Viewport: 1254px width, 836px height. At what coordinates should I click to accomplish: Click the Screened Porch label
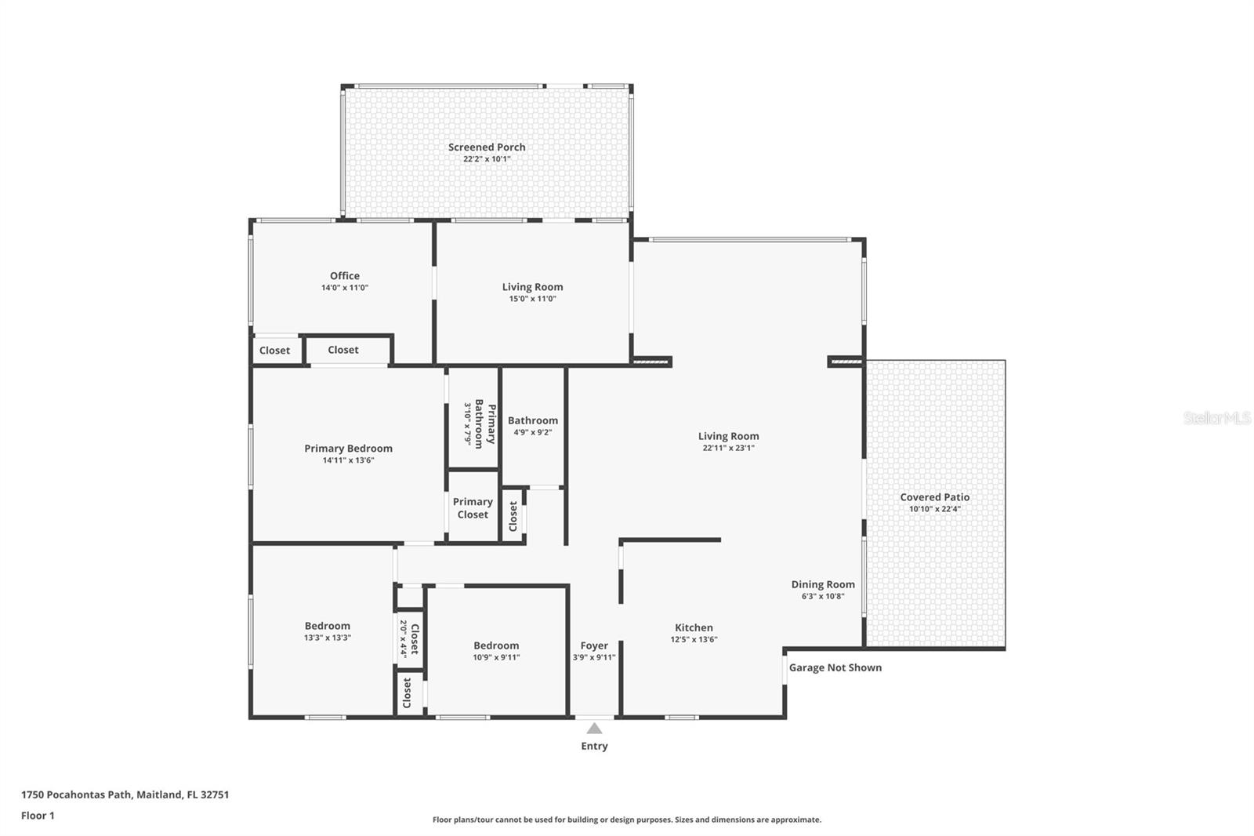(487, 147)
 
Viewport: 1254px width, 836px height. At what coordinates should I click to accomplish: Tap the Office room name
(345, 276)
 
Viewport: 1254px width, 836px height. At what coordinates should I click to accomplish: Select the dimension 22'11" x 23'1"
(728, 449)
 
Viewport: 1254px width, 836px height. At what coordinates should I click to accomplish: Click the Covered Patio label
(934, 497)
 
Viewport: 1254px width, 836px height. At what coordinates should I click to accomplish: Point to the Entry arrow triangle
(595, 728)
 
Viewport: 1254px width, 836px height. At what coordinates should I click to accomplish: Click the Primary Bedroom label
(348, 449)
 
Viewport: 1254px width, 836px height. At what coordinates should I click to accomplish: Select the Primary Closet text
(473, 508)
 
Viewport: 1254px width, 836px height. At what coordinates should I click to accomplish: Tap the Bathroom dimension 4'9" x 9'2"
(533, 432)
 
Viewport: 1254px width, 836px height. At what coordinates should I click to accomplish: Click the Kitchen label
(694, 627)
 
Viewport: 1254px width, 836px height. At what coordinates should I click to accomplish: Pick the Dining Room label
(823, 584)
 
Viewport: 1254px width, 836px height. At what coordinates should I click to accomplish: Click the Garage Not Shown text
(835, 667)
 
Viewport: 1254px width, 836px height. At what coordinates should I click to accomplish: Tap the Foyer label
(594, 645)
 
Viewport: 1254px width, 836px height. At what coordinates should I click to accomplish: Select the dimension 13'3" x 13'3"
(328, 638)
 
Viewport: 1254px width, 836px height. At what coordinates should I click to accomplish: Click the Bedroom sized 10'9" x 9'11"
(496, 645)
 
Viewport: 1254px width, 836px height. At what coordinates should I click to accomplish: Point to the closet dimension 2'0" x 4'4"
(404, 638)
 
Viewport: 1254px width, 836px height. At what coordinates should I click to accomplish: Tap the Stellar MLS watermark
(1216, 418)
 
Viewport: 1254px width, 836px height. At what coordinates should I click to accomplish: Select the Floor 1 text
(38, 816)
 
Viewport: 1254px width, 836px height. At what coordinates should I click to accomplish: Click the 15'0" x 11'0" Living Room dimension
(532, 299)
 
